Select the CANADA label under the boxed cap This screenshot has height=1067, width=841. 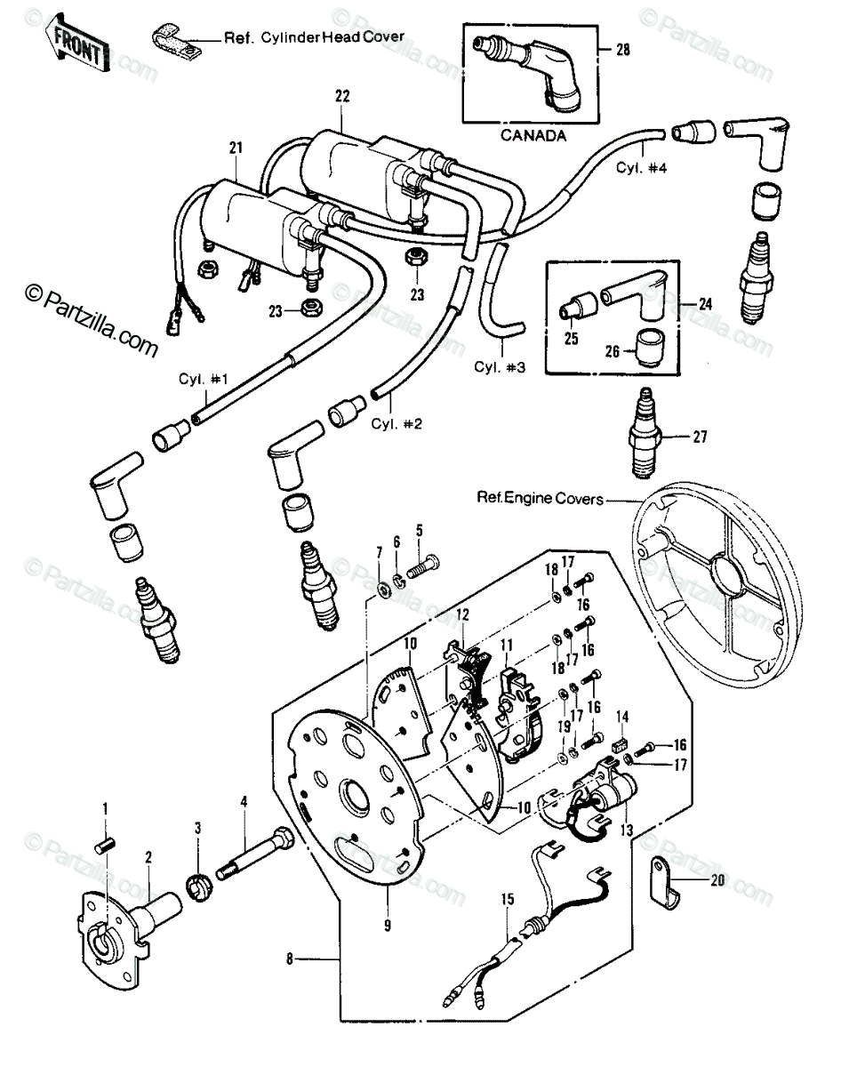[533, 135]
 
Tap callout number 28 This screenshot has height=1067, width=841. [622, 50]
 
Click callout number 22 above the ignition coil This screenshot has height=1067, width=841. [342, 96]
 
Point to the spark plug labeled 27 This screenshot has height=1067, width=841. [645, 433]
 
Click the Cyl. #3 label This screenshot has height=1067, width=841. [500, 367]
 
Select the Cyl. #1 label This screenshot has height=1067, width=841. [204, 380]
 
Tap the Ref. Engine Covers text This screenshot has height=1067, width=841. [540, 497]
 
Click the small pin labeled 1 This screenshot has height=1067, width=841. [105, 845]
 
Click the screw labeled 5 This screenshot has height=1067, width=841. [423, 566]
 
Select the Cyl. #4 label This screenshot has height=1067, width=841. [641, 167]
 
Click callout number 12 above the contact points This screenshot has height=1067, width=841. [462, 614]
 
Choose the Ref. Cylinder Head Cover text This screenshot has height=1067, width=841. [315, 37]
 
